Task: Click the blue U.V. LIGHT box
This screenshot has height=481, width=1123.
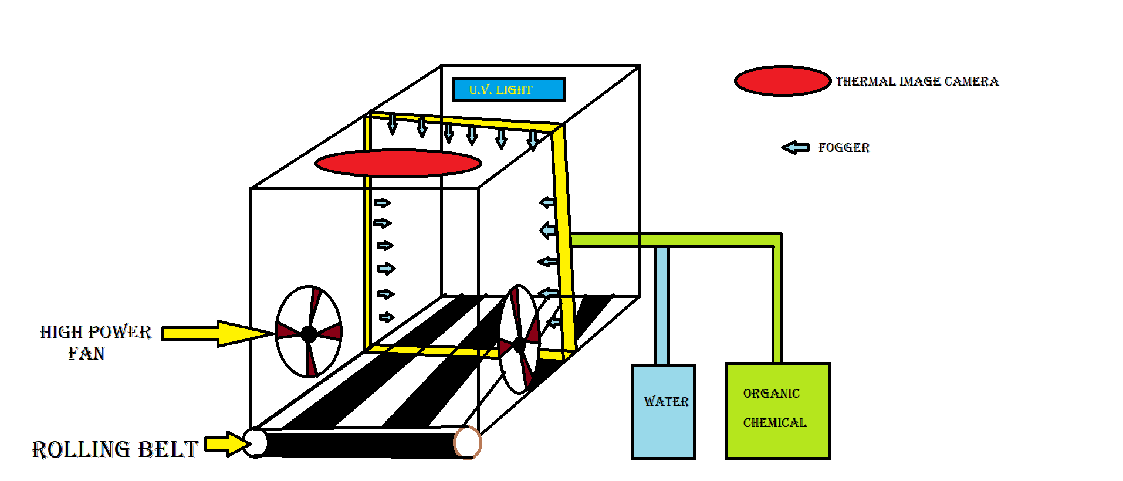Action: (x=508, y=90)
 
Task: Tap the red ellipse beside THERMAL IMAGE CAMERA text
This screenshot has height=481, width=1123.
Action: (x=782, y=81)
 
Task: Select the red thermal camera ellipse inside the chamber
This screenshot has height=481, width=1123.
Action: (x=398, y=162)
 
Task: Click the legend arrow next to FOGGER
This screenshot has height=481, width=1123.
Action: (x=795, y=147)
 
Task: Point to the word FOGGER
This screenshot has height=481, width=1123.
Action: (x=844, y=148)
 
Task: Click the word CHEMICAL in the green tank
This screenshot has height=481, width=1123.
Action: (x=774, y=423)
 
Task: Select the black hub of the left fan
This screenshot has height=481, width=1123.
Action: (x=309, y=334)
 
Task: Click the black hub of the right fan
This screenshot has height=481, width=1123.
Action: (x=519, y=344)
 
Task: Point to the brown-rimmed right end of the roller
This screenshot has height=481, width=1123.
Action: (x=468, y=443)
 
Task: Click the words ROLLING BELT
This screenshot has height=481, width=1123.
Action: (x=114, y=450)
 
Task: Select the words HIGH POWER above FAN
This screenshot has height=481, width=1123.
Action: (x=95, y=332)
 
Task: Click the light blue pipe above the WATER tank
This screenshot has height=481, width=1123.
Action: (x=662, y=305)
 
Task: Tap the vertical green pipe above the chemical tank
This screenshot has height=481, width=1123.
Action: (x=777, y=305)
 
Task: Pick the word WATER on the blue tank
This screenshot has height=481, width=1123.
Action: (x=666, y=402)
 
